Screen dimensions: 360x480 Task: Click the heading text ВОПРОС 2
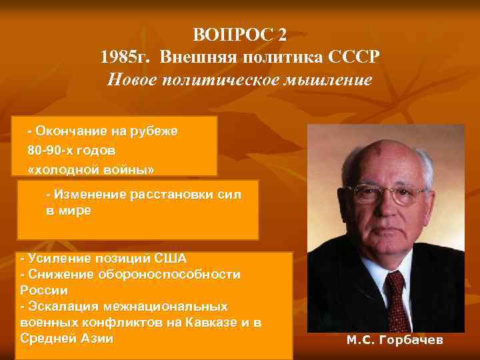(x=242, y=34)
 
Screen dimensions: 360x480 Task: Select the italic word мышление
(x=331, y=81)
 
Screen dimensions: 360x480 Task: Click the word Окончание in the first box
(x=73, y=131)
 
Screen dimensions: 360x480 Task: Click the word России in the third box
(x=44, y=290)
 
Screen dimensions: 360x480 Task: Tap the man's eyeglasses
(x=390, y=194)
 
